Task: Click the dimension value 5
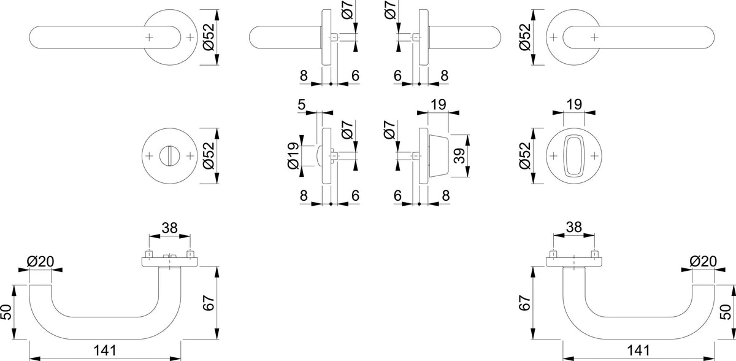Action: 302,104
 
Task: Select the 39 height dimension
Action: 459,156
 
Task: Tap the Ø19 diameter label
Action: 293,156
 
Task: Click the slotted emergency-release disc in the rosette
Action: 169,156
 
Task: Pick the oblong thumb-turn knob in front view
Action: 574,156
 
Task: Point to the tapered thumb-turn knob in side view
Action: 439,156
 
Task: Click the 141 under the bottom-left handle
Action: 105,350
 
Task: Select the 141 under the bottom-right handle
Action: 638,350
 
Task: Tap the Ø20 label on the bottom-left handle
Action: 40,262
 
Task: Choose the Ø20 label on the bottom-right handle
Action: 703,262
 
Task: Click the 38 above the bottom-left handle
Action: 169,228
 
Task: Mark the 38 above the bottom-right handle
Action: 574,227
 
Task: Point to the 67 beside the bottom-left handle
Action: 209,303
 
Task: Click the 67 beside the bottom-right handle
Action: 525,303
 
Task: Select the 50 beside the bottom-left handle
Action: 6,312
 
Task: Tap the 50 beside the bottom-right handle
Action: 726,312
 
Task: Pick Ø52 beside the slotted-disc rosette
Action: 209,156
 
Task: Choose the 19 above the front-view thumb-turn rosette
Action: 574,104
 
